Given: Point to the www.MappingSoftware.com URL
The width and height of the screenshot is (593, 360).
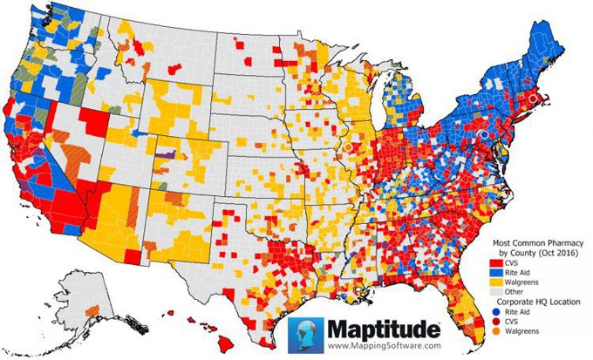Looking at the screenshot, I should tap(383, 346).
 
